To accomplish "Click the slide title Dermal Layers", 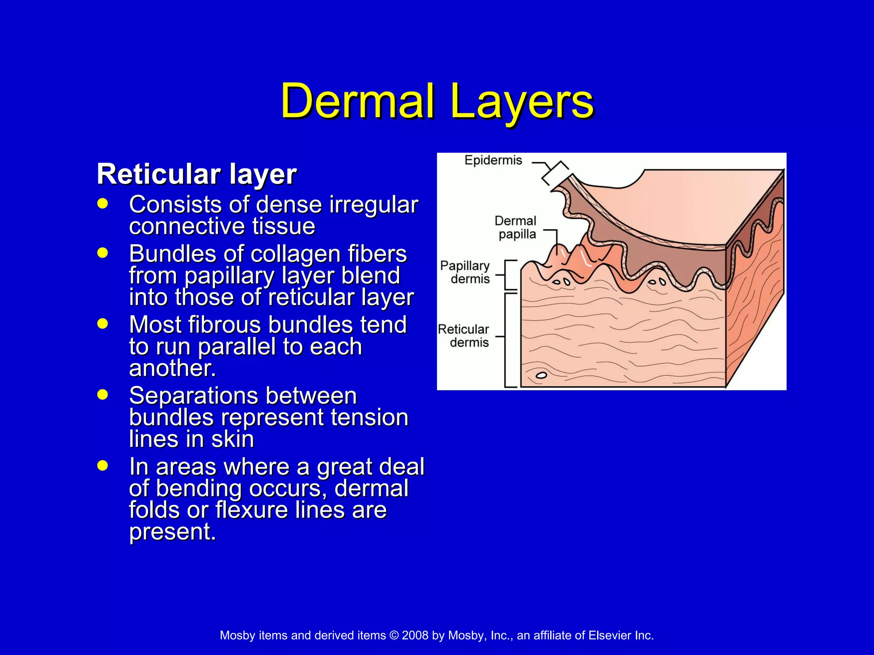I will (x=437, y=101).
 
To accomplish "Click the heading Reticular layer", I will (x=197, y=174).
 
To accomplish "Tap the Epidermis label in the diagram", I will (x=493, y=160).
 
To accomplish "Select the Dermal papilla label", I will (x=515, y=227).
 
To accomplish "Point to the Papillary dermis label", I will (x=465, y=272).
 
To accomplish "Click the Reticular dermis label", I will (x=463, y=336).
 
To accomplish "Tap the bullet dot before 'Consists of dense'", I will (x=102, y=203).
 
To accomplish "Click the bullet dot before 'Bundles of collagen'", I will (x=102, y=253).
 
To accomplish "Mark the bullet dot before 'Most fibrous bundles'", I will (x=102, y=323).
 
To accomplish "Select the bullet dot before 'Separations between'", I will (x=102, y=394).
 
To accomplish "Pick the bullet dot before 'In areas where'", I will (x=102, y=465).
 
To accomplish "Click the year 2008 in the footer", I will (x=415, y=635).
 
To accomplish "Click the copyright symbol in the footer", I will (x=394, y=635).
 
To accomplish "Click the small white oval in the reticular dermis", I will (x=541, y=375).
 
